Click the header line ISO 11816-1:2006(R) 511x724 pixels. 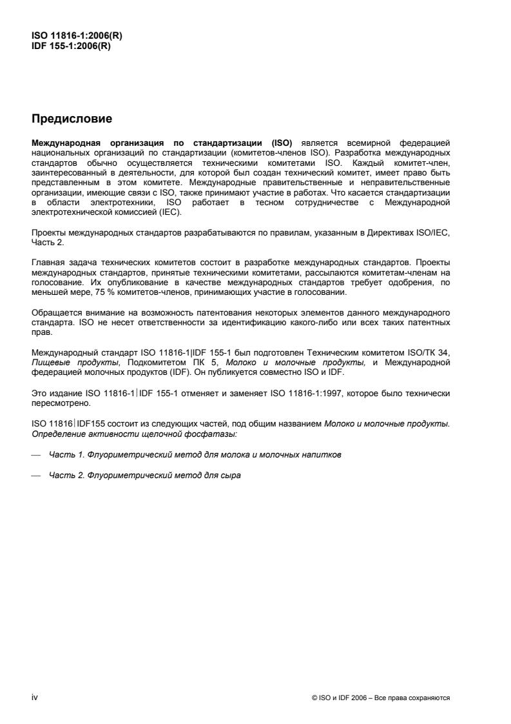[x=77, y=37]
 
